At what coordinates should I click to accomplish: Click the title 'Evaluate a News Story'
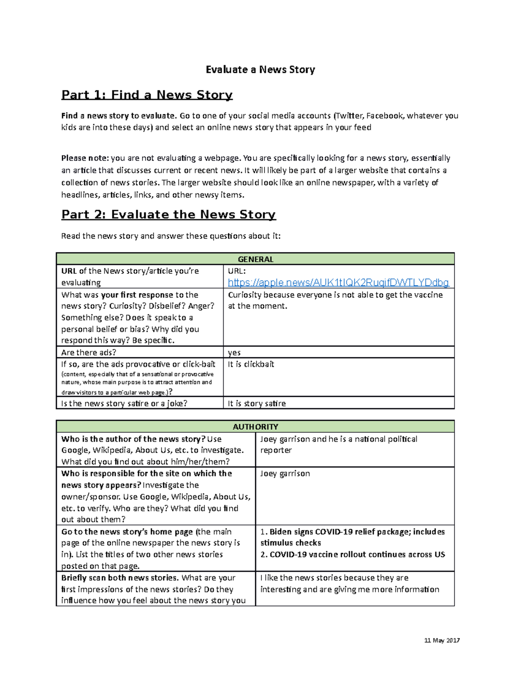pos(260,70)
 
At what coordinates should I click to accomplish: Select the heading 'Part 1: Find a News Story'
pos(147,95)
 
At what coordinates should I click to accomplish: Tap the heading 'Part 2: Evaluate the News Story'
pos(168,214)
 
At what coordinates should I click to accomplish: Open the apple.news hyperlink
pos(338,283)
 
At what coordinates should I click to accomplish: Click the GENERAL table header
pos(255,259)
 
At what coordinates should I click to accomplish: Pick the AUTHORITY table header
pos(255,427)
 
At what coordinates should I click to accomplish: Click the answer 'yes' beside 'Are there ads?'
pos(234,352)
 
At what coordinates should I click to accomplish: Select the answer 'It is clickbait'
pos(251,364)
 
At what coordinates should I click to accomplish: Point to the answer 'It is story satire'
pos(257,403)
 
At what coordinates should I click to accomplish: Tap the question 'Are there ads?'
pos(89,352)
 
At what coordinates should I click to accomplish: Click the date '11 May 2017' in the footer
pos(442,640)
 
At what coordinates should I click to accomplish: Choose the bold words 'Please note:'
pos(85,158)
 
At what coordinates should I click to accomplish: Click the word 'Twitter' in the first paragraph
pos(350,116)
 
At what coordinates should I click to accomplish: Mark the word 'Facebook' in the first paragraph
pos(385,116)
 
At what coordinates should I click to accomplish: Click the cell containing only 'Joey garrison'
pos(285,473)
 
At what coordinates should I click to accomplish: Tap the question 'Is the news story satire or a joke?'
pos(124,403)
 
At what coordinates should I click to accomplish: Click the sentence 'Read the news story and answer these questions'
pos(171,236)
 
